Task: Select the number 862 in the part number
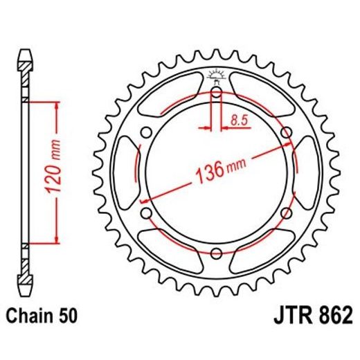(329, 318)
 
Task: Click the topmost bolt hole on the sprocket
(216, 92)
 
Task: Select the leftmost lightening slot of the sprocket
(127, 172)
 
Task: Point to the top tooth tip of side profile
(25, 53)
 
